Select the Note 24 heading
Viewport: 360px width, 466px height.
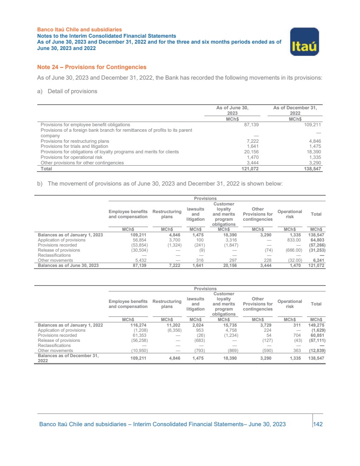pyautogui.click(x=92, y=67)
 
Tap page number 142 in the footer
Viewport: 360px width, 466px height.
pyautogui.click(x=318, y=424)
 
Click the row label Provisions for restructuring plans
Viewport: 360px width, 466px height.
pyautogui.click(x=75, y=141)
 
